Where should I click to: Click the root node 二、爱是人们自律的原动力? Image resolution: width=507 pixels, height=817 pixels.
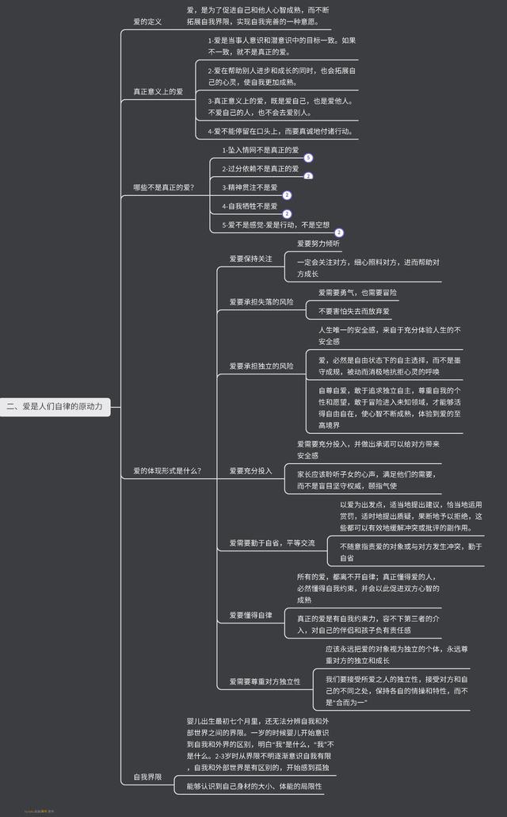(55, 407)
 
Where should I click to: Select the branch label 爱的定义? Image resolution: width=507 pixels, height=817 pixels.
(147, 21)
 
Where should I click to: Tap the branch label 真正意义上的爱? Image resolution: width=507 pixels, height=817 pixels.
(158, 92)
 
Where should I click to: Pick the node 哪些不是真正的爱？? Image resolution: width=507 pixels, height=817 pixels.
(163, 188)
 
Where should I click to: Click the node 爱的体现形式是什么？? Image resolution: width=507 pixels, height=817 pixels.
(167, 470)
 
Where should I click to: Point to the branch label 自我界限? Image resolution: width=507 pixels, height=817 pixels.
(147, 777)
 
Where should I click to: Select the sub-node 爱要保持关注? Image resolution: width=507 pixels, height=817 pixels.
(250, 259)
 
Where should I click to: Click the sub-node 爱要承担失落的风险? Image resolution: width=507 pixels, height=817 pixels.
(261, 302)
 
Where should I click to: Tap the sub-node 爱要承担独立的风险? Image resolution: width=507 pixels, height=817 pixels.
(261, 366)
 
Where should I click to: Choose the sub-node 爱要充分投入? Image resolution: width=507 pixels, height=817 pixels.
(250, 470)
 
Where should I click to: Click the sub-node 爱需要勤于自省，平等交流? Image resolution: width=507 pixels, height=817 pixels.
(272, 543)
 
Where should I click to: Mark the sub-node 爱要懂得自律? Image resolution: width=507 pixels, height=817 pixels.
(250, 615)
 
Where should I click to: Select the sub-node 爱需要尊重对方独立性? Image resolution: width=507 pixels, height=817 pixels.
(265, 681)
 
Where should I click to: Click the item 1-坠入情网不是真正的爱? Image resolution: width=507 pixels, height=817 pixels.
(260, 150)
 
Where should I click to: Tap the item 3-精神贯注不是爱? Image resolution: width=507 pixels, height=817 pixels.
(250, 188)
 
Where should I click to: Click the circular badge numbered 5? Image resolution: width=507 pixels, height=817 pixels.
(308, 159)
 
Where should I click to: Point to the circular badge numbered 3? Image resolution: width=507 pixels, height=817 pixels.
(339, 233)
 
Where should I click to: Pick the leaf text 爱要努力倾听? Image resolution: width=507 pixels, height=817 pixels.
(318, 244)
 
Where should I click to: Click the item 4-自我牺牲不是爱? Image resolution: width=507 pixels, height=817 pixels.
(250, 206)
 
